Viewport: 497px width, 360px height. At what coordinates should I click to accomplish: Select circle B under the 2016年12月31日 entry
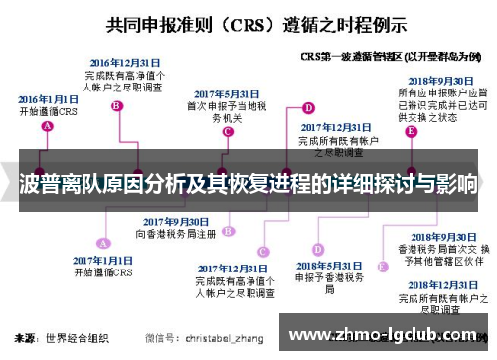pyautogui.click(x=117, y=105)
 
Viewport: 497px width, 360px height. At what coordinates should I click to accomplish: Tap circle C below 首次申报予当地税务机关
pyautogui.click(x=227, y=130)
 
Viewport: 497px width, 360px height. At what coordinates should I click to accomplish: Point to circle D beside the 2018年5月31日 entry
pyautogui.click(x=317, y=249)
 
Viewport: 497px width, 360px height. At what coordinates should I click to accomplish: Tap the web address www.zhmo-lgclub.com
pyautogui.click(x=388, y=336)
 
